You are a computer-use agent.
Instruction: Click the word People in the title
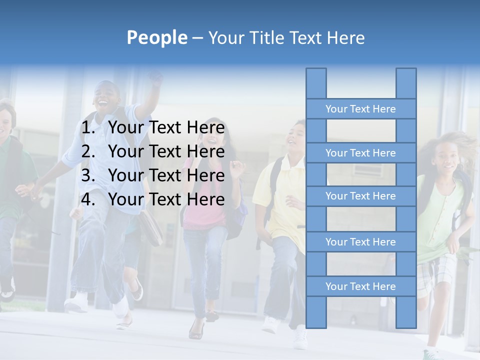point(156,37)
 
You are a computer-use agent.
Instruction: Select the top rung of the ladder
point(360,109)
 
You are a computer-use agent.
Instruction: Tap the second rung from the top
point(360,153)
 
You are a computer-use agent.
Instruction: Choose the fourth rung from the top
point(360,242)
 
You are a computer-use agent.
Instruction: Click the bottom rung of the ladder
point(360,286)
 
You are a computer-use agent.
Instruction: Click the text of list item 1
point(166,128)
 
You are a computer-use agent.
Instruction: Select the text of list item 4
point(166,199)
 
